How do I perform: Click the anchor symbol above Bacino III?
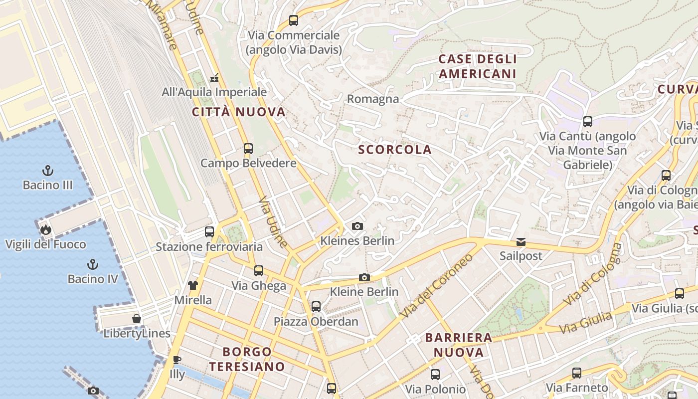point(48,171)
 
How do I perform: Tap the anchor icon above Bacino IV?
point(92,264)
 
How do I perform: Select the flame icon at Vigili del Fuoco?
point(46,229)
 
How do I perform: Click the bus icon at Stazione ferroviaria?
point(209,232)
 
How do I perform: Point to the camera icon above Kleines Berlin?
point(357,226)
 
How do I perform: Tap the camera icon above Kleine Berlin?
point(364,278)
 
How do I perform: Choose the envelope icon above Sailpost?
point(521,242)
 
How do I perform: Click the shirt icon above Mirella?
point(193,285)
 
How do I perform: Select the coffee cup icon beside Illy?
point(176,360)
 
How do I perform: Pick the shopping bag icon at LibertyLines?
point(137,319)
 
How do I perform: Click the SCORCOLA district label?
point(395,150)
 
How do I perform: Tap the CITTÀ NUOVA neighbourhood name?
point(239,112)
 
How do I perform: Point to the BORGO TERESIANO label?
point(247,359)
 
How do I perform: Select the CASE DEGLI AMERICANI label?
point(477,66)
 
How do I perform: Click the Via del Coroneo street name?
point(437,286)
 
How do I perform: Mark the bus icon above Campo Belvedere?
point(248,148)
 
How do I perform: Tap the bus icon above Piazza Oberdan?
point(316,306)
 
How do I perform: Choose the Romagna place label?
point(373,99)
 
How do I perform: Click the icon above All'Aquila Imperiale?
point(215,77)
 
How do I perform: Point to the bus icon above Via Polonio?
point(435,374)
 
